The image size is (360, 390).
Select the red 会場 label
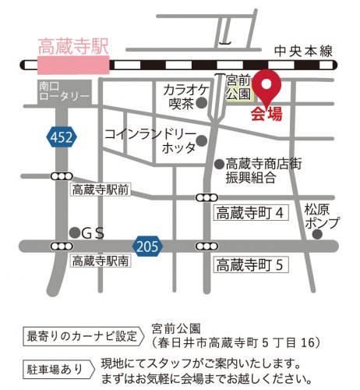[x=266, y=115]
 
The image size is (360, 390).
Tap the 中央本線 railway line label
[x=303, y=51]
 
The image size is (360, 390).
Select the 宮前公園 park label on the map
[x=238, y=87]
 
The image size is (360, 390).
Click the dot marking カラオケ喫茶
[x=203, y=102]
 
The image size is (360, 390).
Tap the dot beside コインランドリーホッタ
[x=202, y=141]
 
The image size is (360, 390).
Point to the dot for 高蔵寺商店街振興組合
[x=219, y=164]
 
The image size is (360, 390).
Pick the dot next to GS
[x=74, y=231]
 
